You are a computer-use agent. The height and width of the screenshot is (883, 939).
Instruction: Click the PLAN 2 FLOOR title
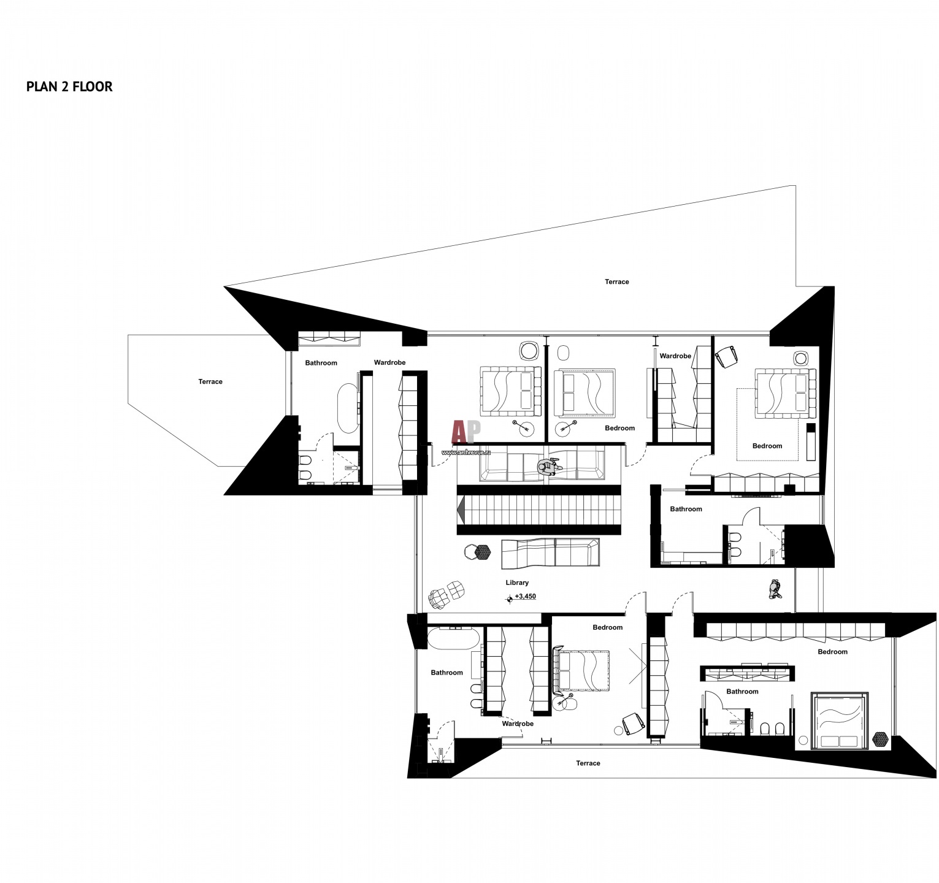click(69, 86)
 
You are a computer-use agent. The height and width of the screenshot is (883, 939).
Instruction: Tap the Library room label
click(517, 583)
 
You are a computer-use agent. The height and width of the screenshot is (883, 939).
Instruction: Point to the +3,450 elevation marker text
click(525, 596)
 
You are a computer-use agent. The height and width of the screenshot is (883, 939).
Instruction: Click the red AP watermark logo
click(466, 432)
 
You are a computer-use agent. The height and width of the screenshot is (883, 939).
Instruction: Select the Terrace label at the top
click(617, 282)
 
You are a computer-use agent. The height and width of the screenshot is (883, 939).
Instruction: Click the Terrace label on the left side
click(210, 381)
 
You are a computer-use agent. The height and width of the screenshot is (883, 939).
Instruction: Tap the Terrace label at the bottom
click(588, 763)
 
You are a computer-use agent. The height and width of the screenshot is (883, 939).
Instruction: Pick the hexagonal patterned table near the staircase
click(483, 552)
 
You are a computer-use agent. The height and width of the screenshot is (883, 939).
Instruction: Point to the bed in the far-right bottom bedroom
click(840, 721)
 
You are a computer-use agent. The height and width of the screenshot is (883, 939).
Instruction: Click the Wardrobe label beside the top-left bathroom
click(390, 362)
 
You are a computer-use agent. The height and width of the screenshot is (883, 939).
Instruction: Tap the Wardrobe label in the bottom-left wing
click(518, 724)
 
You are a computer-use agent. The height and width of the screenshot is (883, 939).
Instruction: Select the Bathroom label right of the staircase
click(686, 509)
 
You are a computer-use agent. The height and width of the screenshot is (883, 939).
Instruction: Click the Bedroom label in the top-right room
click(767, 446)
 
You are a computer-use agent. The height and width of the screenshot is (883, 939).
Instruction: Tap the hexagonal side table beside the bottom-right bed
click(881, 739)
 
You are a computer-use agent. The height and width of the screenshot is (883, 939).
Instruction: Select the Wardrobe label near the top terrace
click(675, 356)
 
